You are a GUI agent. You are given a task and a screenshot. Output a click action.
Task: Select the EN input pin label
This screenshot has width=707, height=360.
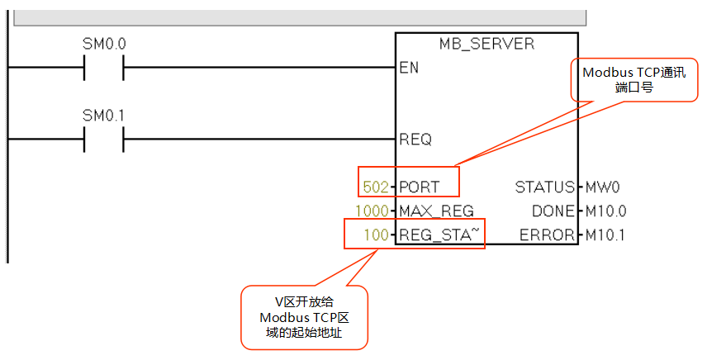[409, 68]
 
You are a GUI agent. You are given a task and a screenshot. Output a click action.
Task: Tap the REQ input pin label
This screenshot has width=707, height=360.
[415, 140]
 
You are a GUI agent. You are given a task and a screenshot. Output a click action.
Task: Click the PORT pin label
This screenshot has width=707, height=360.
[420, 187]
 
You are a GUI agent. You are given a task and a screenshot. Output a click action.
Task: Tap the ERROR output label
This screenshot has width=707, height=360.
[547, 235]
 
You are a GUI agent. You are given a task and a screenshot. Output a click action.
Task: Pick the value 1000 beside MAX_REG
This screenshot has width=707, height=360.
[372, 211]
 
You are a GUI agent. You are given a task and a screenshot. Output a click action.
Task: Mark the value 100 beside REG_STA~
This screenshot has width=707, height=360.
[377, 235]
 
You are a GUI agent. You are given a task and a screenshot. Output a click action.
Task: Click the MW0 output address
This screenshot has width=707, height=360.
[602, 187]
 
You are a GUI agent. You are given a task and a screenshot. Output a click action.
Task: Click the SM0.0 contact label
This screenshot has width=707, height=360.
[103, 44]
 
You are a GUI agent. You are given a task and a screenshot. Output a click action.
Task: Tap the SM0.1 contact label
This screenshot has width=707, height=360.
[103, 116]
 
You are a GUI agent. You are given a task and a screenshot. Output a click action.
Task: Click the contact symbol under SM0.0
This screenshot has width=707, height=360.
[103, 68]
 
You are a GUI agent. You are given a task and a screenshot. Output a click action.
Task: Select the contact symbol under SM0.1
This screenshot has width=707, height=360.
[103, 140]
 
